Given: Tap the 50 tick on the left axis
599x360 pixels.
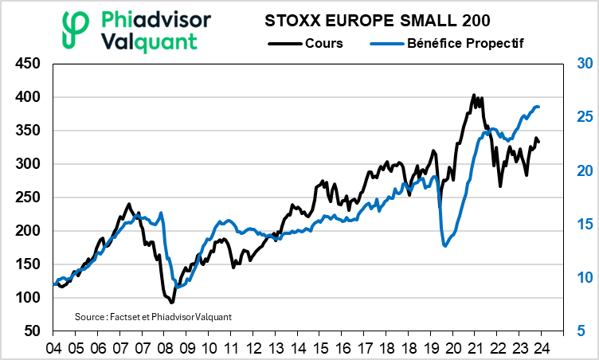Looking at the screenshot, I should pyautogui.click(x=31, y=331).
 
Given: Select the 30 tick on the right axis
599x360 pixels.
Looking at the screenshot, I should pyautogui.click(x=584, y=64).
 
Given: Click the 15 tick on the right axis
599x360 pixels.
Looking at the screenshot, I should pyautogui.click(x=584, y=224).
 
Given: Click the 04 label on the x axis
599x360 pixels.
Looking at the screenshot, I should pyautogui.click(x=54, y=348).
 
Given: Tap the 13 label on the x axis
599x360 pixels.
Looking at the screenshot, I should pyautogui.click(x=275, y=348).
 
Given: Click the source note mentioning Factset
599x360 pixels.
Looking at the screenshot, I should pyautogui.click(x=152, y=316).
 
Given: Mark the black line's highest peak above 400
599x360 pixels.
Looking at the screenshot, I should pyautogui.click(x=474, y=95).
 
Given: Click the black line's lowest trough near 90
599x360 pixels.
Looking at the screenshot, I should pyautogui.click(x=171, y=303).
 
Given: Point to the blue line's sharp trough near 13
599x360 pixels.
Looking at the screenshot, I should pyautogui.click(x=444, y=245).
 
